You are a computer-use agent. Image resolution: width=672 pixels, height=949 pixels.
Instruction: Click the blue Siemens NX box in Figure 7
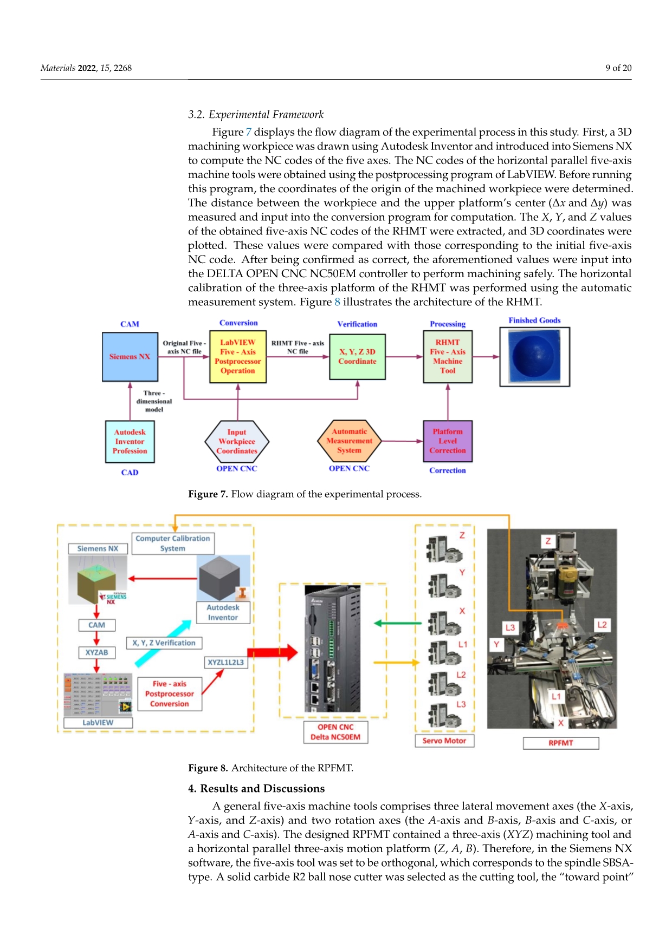coord(130,357)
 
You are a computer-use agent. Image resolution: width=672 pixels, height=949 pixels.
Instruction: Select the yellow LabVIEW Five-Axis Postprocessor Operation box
coord(238,357)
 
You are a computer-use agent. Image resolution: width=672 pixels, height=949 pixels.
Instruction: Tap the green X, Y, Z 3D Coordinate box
coord(357,357)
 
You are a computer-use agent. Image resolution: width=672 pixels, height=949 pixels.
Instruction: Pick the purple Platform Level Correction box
coord(448,441)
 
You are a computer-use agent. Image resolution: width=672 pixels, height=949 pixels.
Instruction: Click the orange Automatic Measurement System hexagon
coord(349,441)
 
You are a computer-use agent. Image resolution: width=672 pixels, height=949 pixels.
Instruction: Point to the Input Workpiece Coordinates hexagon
coord(237,442)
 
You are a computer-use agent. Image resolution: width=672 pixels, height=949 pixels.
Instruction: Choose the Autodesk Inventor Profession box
coord(130,442)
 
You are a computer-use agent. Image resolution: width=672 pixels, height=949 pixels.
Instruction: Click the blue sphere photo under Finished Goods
coord(534,357)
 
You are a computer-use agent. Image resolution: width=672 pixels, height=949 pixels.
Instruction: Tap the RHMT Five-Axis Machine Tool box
coord(448,357)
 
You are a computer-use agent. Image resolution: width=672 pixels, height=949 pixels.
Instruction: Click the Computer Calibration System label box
coord(173,544)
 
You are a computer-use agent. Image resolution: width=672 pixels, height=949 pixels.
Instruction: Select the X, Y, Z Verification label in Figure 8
coord(164,643)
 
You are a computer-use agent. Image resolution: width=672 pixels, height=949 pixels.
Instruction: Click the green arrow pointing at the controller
coord(398,624)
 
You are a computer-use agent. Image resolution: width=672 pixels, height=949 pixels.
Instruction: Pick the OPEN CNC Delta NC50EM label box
coord(335,732)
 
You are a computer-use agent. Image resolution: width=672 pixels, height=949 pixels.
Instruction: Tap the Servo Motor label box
coord(444,741)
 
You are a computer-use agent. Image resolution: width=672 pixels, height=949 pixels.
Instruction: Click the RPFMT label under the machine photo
coord(561,743)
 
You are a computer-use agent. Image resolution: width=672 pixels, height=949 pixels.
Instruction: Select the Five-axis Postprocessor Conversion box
coord(170,694)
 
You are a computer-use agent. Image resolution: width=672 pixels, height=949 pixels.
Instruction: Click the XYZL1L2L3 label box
coord(226,662)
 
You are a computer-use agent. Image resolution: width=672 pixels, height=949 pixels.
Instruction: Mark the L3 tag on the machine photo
coord(511,628)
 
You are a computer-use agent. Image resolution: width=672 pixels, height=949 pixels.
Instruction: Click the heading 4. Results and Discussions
coord(256,789)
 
